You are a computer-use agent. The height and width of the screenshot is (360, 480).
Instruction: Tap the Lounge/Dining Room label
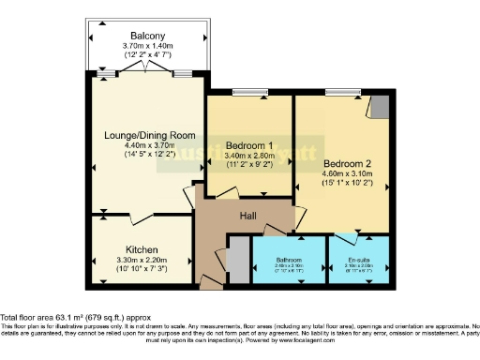(142, 134)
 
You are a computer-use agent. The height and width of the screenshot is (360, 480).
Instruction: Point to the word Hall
(247, 217)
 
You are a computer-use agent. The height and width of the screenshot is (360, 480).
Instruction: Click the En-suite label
(356, 258)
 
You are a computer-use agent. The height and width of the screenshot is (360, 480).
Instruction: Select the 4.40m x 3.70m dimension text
(142, 144)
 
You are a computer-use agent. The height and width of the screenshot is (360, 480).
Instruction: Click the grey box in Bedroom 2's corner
(379, 107)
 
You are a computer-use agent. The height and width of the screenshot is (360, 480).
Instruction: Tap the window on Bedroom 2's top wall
(337, 92)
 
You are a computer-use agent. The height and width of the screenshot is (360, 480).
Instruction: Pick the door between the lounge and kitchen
(141, 219)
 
